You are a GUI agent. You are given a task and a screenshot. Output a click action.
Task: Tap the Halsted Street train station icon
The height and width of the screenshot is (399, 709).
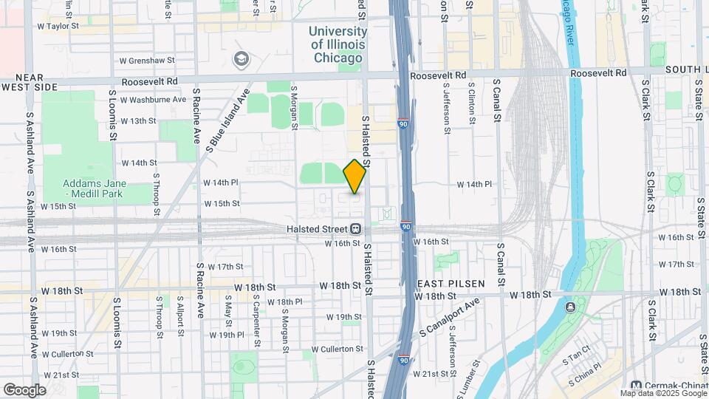click(356, 230)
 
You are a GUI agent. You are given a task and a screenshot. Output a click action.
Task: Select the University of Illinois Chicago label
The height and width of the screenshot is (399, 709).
click(338, 44)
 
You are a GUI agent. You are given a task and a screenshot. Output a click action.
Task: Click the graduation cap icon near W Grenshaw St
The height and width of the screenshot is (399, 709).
click(241, 58)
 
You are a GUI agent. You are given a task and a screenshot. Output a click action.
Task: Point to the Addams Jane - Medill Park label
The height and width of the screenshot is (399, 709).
click(95, 188)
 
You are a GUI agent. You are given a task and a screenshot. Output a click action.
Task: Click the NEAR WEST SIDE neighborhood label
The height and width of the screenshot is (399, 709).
click(30, 82)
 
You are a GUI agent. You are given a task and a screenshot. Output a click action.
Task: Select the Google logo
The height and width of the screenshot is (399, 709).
click(24, 389)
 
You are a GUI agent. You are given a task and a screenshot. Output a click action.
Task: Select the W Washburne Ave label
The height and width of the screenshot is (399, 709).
click(153, 99)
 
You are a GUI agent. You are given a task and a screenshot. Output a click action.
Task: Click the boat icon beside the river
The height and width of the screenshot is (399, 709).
click(570, 307)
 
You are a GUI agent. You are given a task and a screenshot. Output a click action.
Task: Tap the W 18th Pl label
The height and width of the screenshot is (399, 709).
click(284, 302)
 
